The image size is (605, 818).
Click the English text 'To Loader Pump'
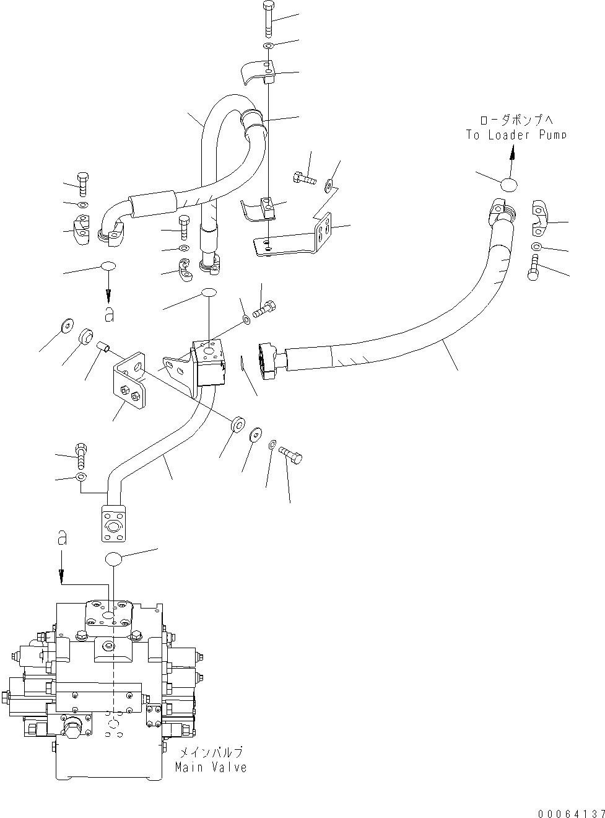point(516,134)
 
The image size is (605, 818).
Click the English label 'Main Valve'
point(211,767)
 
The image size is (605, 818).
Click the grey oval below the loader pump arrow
point(508,184)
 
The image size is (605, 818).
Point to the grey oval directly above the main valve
point(113,558)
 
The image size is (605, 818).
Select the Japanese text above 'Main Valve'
point(211,753)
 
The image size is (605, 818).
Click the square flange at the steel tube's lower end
point(114,522)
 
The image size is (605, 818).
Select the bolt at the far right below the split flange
point(534,271)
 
